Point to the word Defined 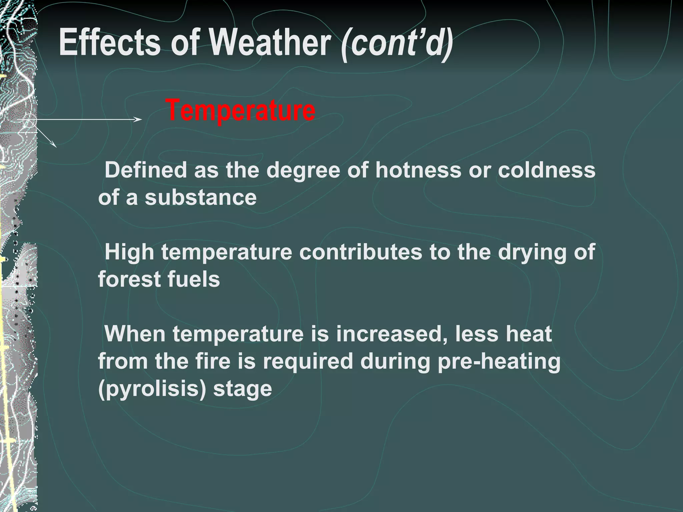pos(145,170)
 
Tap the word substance pos(200,197)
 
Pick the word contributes pos(361,252)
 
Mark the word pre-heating pos(499,362)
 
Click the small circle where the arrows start pos(30,120)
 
